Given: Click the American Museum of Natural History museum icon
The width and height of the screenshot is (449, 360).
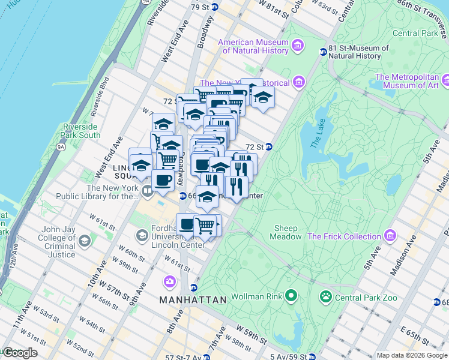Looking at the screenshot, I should point(297,45).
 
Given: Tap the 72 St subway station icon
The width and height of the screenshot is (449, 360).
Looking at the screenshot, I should point(270,146).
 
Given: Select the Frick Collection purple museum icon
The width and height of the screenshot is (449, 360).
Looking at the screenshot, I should point(391,236).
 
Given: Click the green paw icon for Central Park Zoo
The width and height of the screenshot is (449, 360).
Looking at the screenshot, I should point(326,296).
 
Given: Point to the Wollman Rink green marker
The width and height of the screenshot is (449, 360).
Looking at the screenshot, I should point(291,296).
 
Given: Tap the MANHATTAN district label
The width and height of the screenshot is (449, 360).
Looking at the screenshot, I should point(193,299).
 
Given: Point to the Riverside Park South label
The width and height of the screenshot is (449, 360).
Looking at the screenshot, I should point(81,131).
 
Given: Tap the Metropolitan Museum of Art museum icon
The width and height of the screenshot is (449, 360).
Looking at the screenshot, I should point(445,79).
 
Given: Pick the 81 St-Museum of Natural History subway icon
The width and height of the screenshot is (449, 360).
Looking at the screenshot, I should point(323,52).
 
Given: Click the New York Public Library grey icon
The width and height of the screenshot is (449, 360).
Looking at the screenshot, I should point(148,191).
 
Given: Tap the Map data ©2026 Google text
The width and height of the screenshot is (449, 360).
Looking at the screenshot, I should point(412,355).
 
